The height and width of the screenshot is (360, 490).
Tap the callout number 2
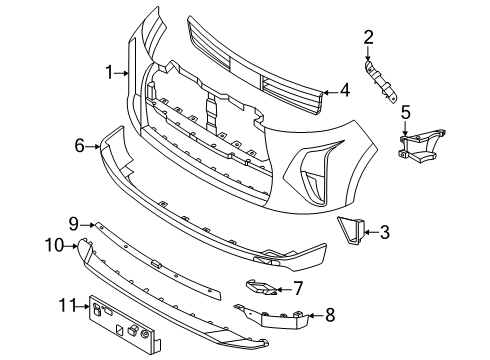click(368, 38)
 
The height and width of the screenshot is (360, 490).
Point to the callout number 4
click(344, 90)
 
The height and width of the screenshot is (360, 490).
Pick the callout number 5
click(406, 113)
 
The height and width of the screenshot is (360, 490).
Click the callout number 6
click(80, 146)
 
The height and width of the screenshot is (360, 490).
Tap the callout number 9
click(73, 222)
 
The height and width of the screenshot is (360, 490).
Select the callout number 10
click(54, 244)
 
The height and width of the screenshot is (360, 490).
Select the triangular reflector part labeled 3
click(353, 231)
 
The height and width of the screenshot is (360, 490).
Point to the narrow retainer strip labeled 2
click(381, 80)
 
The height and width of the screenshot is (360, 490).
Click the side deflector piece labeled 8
click(284, 317)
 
